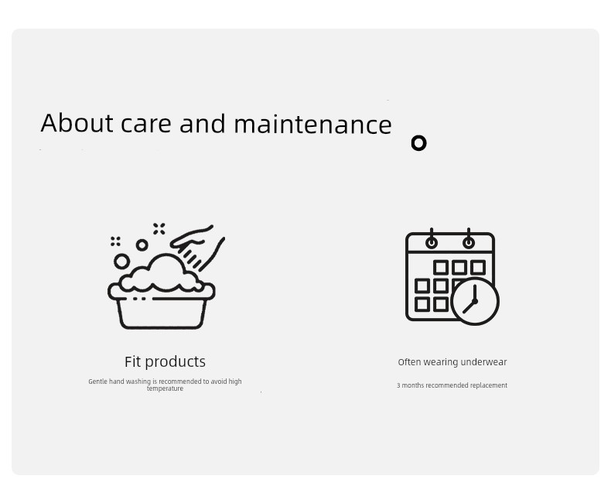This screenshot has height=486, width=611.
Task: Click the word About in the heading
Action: (x=77, y=123)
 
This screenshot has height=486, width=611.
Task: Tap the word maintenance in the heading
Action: (x=312, y=124)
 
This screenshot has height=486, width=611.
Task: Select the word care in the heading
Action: (x=145, y=125)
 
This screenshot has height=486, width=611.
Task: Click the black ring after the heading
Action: (x=419, y=143)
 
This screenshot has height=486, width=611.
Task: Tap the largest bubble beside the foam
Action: (x=121, y=262)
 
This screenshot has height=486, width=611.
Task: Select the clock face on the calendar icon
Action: (x=475, y=301)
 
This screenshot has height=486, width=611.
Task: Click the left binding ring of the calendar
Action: (x=432, y=242)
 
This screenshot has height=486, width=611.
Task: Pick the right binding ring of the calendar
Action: (x=469, y=242)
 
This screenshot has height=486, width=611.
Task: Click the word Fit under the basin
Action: (x=132, y=361)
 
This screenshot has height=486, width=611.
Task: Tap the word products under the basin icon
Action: (x=175, y=362)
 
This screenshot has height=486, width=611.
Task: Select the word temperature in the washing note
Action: (x=165, y=388)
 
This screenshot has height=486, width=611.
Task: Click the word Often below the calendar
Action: (x=410, y=362)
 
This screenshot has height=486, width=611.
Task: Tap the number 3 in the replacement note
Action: (x=398, y=385)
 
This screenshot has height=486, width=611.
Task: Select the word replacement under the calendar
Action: (x=489, y=385)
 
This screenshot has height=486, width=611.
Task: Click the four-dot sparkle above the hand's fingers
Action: (x=159, y=229)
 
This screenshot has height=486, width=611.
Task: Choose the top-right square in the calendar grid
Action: (x=478, y=268)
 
